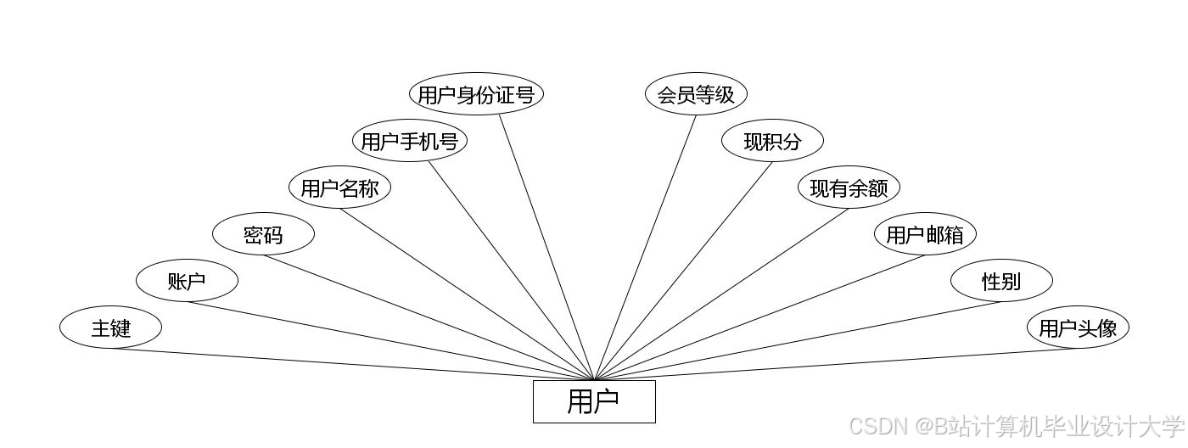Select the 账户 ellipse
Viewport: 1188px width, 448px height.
(x=187, y=281)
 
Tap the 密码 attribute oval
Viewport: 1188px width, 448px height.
(x=263, y=234)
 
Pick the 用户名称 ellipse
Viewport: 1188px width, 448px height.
(x=339, y=188)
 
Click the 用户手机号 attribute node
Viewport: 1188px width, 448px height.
(x=410, y=141)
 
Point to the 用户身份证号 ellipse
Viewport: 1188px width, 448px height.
(x=476, y=94)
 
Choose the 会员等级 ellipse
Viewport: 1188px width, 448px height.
(x=696, y=94)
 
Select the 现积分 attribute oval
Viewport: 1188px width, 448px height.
(x=772, y=141)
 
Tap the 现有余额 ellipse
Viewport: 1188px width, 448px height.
(x=849, y=188)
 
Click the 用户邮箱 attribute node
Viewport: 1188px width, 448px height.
(x=925, y=234)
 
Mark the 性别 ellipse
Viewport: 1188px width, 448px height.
(x=1001, y=281)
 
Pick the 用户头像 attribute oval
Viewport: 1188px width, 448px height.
(x=1078, y=328)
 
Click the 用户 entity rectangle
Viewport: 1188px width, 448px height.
(x=594, y=401)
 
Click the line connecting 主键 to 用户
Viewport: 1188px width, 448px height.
(x=352, y=365)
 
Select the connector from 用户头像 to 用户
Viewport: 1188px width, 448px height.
(x=836, y=365)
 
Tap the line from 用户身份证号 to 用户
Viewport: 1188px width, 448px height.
(x=546, y=247)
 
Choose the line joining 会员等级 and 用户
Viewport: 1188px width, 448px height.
(x=645, y=247)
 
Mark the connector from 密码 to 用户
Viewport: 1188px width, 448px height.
(x=429, y=317)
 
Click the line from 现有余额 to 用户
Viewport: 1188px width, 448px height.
(x=721, y=294)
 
